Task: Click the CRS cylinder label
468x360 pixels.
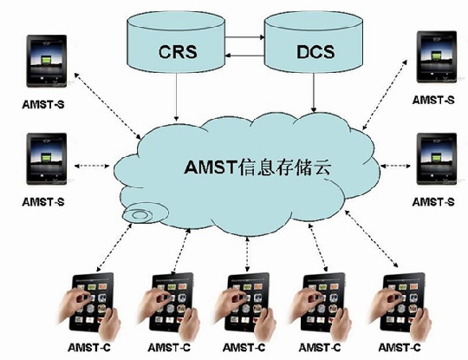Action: [178, 52]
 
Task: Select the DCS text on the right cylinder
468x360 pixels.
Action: [315, 51]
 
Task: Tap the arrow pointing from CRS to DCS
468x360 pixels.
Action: [244, 37]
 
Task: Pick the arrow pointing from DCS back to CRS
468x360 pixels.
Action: [244, 56]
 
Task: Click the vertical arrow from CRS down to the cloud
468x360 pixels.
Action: [177, 97]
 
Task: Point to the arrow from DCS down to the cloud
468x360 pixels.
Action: [314, 93]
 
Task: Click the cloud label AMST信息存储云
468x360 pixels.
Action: [257, 167]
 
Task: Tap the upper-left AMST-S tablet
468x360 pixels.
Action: [47, 61]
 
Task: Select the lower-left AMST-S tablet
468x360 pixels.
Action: [47, 159]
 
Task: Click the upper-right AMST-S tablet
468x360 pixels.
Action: [437, 56]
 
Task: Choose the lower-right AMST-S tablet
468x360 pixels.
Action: [437, 159]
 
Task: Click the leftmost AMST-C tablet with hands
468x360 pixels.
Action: [89, 304]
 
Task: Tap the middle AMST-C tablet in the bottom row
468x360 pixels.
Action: [245, 304]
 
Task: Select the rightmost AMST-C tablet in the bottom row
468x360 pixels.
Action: [400, 304]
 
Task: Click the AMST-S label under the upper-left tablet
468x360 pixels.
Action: [43, 104]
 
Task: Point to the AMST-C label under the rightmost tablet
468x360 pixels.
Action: [400, 348]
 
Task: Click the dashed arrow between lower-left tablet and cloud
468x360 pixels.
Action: [92, 166]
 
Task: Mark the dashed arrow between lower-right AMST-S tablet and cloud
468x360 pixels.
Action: [395, 166]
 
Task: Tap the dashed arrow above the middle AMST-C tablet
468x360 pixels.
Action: [247, 254]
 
